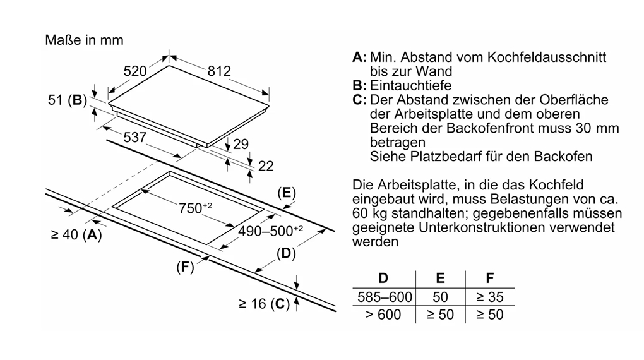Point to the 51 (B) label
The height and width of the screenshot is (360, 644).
coord(67,100)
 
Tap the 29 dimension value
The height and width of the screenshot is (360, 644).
coord(241,144)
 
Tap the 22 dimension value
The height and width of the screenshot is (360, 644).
coord(266,166)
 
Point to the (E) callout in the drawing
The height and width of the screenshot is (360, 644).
coord(287,193)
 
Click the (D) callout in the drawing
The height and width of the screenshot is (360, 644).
coord(286,254)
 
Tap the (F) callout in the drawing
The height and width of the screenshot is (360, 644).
coord(184,267)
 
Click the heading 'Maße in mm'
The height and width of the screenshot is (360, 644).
coord(84,40)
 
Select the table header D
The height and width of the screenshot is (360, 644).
coord(383,278)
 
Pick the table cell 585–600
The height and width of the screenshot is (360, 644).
coord(384,296)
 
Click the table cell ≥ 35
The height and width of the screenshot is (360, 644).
coord(490,296)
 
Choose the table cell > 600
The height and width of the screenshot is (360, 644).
coord(383,314)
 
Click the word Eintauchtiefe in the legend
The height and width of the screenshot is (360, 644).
coord(411,85)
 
